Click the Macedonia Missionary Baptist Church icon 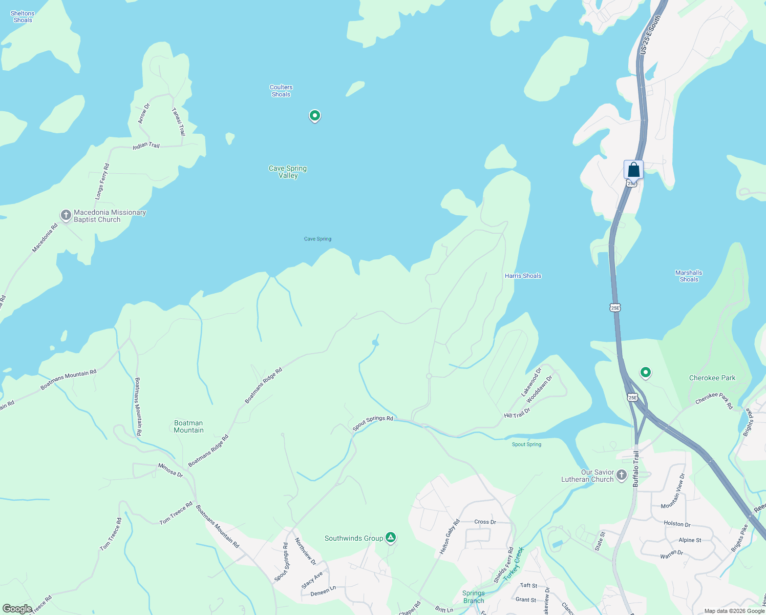point(66,215)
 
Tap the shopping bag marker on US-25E point(633,170)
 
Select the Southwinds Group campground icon point(391,538)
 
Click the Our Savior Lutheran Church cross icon point(622,475)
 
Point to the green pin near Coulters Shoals point(315,116)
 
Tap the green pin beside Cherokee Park point(646,372)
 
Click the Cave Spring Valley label point(288,172)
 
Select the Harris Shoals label point(523,276)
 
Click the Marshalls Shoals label point(689,276)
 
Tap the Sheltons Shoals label point(23,17)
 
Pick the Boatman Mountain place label point(188,426)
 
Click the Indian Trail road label point(146,146)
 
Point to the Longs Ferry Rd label point(102,181)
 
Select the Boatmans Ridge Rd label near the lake point(263,386)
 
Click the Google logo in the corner point(17,609)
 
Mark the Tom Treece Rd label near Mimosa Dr point(176,513)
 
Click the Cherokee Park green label point(712,378)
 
